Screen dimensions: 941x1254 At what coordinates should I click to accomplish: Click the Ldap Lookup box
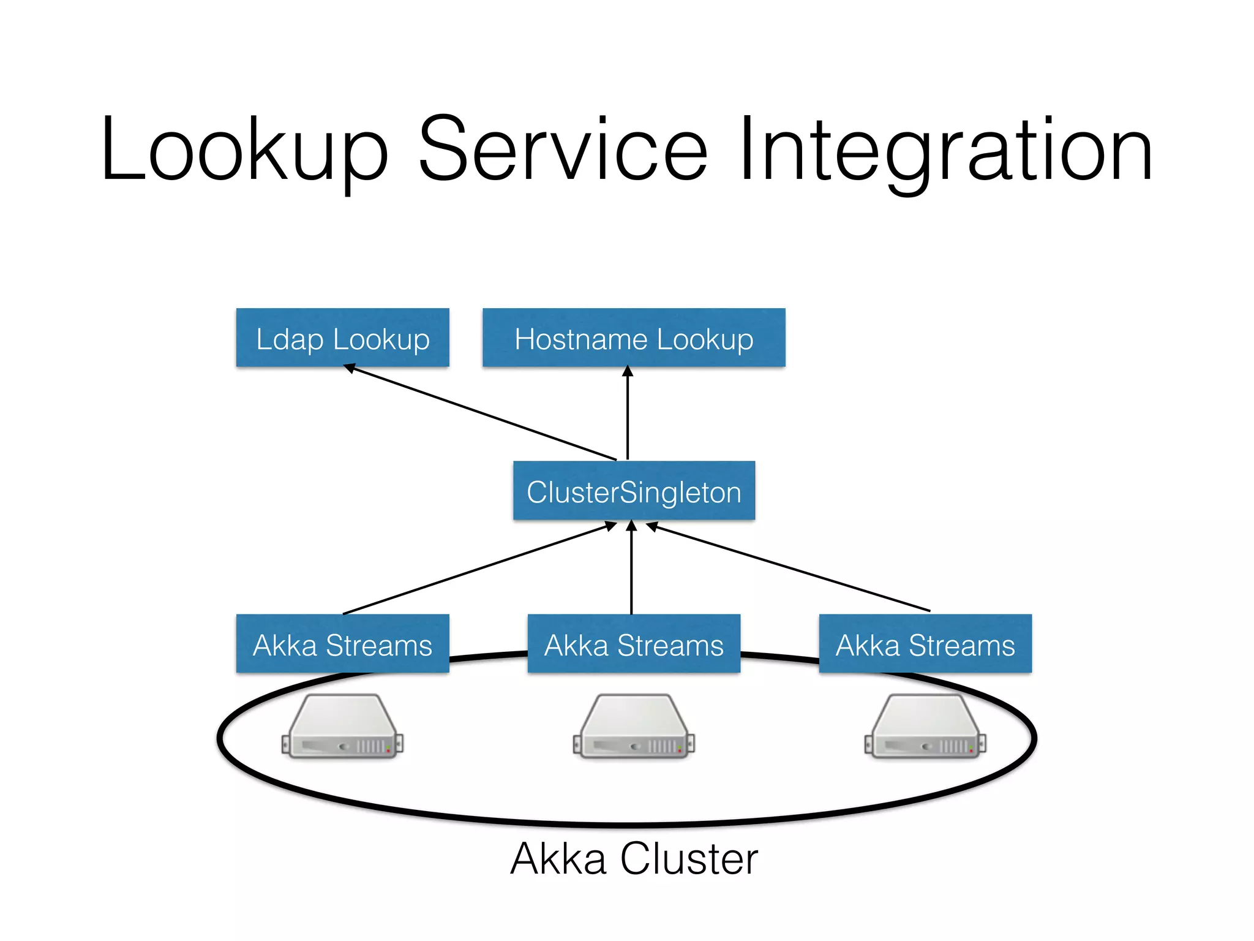pyautogui.click(x=342, y=338)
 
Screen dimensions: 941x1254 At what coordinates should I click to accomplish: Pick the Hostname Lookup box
pyautogui.click(x=634, y=338)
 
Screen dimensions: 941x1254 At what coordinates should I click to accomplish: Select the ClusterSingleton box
pyautogui.click(x=634, y=491)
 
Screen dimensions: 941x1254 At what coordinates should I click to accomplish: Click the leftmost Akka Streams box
pyautogui.click(x=342, y=644)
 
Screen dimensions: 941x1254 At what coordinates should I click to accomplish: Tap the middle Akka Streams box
pyautogui.click(x=634, y=644)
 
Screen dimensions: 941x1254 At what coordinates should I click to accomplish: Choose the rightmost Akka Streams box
pyautogui.click(x=925, y=644)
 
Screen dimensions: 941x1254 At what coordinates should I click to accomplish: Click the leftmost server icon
pyautogui.click(x=342, y=727)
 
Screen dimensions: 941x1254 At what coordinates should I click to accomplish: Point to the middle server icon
pyautogui.click(x=634, y=727)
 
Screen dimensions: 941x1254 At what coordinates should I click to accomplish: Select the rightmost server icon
pyautogui.click(x=925, y=727)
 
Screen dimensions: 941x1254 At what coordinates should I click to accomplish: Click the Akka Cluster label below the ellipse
pyautogui.click(x=634, y=859)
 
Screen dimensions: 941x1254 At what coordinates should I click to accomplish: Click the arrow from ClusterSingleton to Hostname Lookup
pyautogui.click(x=628, y=414)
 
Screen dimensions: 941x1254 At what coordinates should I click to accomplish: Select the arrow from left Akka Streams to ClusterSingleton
pyautogui.click(x=478, y=568)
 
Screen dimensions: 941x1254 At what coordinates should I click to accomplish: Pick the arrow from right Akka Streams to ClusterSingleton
pyautogui.click(x=790, y=568)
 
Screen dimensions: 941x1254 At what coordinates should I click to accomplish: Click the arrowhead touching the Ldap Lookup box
pyautogui.click(x=350, y=368)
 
